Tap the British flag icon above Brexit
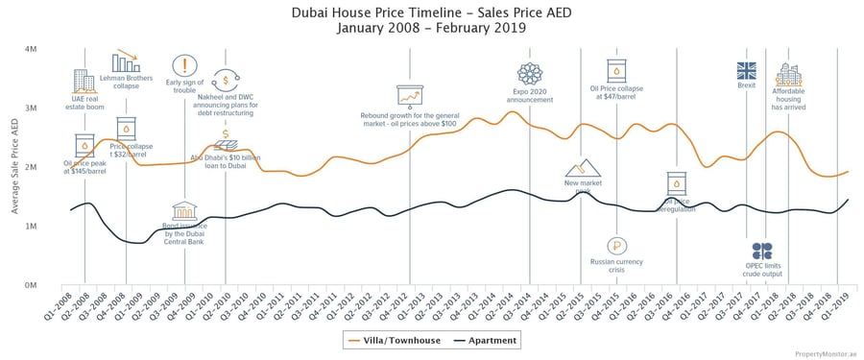click(747, 70)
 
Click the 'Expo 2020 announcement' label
click(530, 96)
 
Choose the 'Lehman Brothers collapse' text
click(126, 82)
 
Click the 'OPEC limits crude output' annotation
click(763, 271)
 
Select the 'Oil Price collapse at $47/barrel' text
click(616, 93)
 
